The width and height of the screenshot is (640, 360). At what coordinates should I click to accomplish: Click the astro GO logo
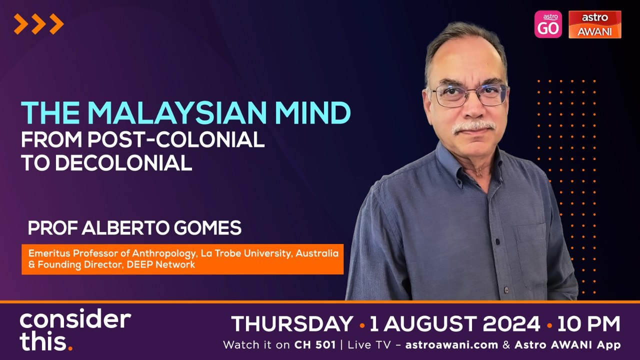(x=548, y=24)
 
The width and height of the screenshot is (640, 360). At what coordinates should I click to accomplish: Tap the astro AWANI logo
(x=594, y=24)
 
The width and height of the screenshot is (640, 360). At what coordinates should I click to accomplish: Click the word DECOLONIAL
(x=124, y=163)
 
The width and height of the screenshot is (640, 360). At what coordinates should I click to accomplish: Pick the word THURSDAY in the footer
(x=292, y=324)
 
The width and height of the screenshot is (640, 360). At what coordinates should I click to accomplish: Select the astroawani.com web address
(x=451, y=345)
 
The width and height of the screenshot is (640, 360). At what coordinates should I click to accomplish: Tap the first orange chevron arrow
(x=20, y=24)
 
